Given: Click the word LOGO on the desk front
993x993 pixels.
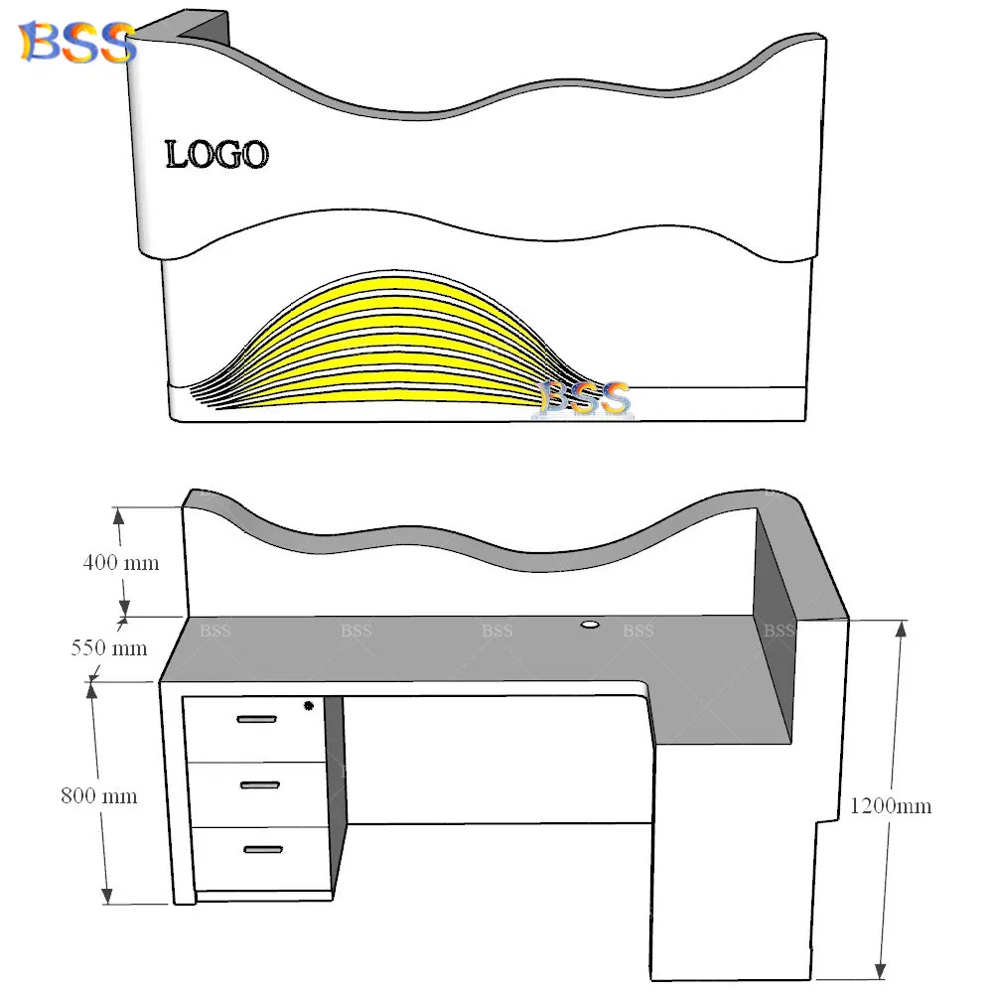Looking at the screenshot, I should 216,155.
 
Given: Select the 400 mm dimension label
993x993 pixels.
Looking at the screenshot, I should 120,562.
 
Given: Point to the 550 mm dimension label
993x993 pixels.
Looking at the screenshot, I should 108,648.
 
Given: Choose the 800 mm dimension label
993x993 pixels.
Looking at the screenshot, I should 98,795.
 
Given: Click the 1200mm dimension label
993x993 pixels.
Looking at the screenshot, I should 891,805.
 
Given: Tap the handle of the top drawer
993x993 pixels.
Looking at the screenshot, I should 257,719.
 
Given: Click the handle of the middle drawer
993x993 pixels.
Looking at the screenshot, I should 260,785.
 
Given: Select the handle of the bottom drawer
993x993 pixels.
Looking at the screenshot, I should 263,849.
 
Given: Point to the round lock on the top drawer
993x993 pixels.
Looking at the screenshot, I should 308,706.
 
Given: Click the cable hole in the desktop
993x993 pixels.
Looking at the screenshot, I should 590,625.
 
